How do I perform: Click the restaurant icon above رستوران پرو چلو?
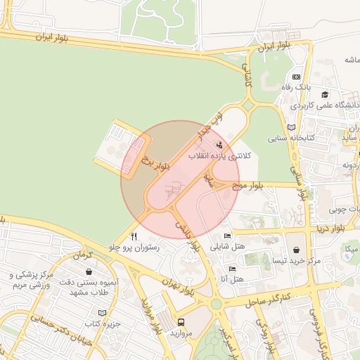(134, 237)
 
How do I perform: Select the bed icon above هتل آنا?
(233, 269)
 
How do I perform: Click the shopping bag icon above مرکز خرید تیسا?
(297, 250)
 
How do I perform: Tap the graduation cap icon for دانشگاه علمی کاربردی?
(325, 94)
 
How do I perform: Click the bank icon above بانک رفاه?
(297, 77)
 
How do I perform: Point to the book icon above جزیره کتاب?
(103, 312)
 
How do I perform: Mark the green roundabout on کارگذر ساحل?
(215, 304)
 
